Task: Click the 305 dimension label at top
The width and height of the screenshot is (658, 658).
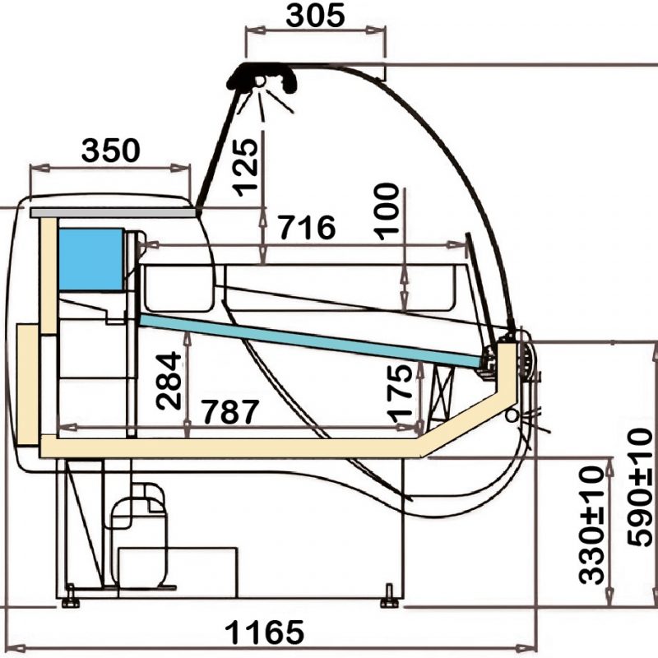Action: (x=315, y=16)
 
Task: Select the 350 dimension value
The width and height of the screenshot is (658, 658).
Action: (x=111, y=151)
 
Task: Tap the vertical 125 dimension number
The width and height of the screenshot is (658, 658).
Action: (x=245, y=168)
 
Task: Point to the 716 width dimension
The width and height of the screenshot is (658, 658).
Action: (x=308, y=228)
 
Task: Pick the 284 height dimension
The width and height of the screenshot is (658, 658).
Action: (x=169, y=381)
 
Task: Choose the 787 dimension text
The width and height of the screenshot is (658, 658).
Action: (x=230, y=412)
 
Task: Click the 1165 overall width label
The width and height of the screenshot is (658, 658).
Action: (x=264, y=633)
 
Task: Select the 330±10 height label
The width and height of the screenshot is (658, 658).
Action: (x=591, y=525)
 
